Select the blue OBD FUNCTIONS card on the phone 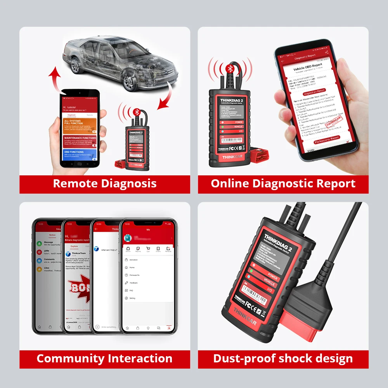click(79, 154)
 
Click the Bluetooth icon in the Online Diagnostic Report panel click(229, 69)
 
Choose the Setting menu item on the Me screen click(132, 298)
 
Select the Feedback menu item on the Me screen click(133, 283)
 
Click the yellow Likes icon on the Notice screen click(40, 269)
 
